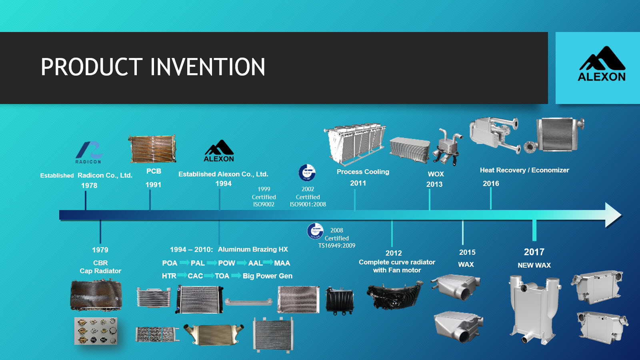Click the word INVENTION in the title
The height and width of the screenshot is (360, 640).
(208, 67)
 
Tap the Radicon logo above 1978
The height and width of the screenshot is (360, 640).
(89, 152)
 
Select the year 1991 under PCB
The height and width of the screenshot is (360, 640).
(153, 185)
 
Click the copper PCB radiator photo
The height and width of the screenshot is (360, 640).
(152, 149)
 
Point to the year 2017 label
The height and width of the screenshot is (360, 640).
(534, 252)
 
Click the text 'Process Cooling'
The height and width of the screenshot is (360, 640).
(363, 172)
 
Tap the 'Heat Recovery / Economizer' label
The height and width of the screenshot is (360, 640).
(524, 170)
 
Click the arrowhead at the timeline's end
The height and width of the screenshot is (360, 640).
(613, 215)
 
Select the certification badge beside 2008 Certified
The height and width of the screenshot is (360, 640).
(315, 231)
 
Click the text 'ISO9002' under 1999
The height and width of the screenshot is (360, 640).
(264, 204)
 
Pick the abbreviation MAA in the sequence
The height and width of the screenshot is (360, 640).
(282, 263)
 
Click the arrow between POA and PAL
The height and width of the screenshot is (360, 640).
(184, 263)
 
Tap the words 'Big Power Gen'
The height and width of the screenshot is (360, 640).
(267, 276)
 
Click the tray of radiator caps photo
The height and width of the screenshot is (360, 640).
(96, 331)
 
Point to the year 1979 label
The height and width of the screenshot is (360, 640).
(100, 250)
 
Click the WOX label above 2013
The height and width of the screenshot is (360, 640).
(436, 174)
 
